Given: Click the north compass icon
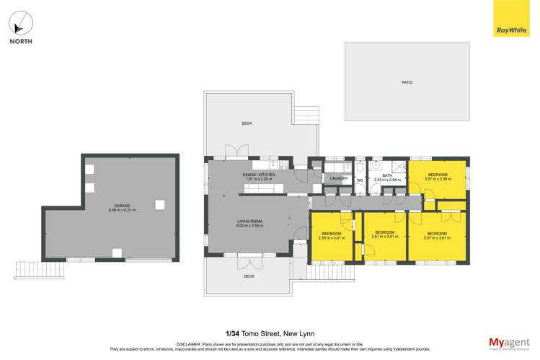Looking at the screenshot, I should tap(20, 23).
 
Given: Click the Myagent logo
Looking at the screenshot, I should tap(508, 343).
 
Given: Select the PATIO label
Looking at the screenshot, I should tap(407, 83).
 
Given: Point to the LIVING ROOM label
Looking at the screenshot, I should tap(250, 223).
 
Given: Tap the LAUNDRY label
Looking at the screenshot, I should tap(338, 178).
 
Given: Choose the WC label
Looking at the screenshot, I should tap(359, 180).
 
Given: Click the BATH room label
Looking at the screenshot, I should tap(387, 177).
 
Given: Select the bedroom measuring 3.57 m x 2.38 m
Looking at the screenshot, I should tap(438, 177).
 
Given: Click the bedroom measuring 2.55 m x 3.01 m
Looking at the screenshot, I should tap(332, 235).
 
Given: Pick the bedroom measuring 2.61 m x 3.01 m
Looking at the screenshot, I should tap(384, 234).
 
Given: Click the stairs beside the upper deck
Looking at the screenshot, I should tap(306, 114).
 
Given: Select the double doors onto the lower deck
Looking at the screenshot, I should tap(249, 262).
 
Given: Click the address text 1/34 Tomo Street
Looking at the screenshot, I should tap(270, 334).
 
